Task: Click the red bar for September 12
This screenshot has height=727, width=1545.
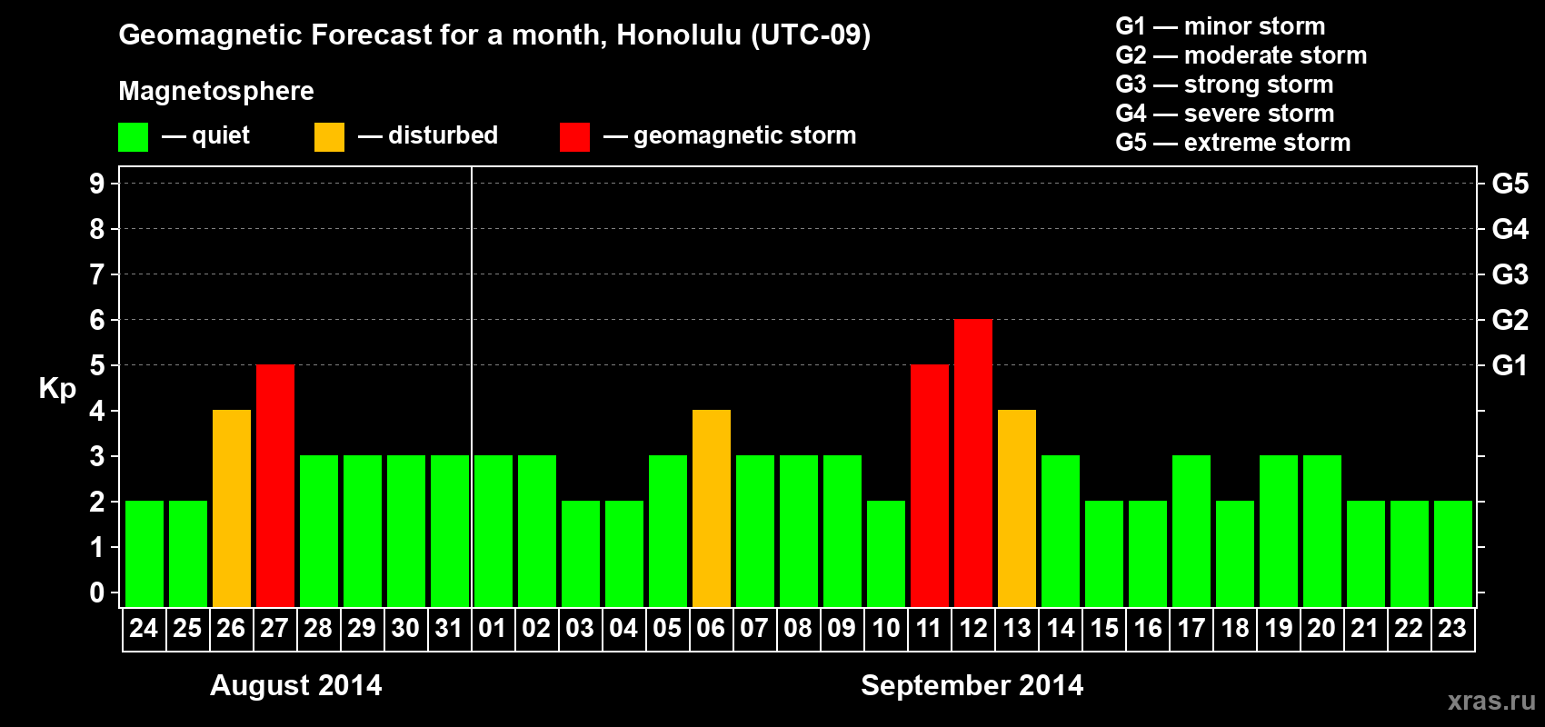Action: tap(973, 463)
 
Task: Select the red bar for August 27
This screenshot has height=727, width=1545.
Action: tap(275, 485)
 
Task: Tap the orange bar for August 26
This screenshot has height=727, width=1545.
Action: tap(232, 508)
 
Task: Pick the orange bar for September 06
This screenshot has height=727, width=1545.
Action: tap(711, 508)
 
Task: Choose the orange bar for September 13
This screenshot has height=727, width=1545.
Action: tap(1017, 508)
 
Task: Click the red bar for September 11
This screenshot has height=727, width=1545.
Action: tap(930, 485)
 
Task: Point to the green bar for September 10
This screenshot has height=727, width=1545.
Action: tap(886, 553)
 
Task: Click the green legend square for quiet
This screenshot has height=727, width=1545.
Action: tap(133, 136)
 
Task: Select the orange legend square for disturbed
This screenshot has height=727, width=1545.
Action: tap(329, 136)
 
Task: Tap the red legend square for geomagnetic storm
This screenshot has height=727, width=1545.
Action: tap(575, 136)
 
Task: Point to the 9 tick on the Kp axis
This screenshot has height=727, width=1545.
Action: tap(96, 184)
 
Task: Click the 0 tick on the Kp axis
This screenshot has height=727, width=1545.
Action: tap(96, 593)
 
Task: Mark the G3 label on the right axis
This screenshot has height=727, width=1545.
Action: tap(1510, 274)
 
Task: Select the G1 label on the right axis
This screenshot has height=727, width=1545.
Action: tap(1510, 365)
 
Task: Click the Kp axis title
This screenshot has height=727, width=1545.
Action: tap(57, 389)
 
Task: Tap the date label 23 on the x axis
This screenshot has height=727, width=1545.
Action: tap(1452, 628)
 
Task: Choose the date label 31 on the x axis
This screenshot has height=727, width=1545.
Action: tap(449, 628)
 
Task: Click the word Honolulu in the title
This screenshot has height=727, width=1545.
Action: tap(679, 35)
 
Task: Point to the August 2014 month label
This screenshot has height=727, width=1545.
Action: tap(296, 685)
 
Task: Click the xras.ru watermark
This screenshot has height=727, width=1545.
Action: tap(1491, 701)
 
